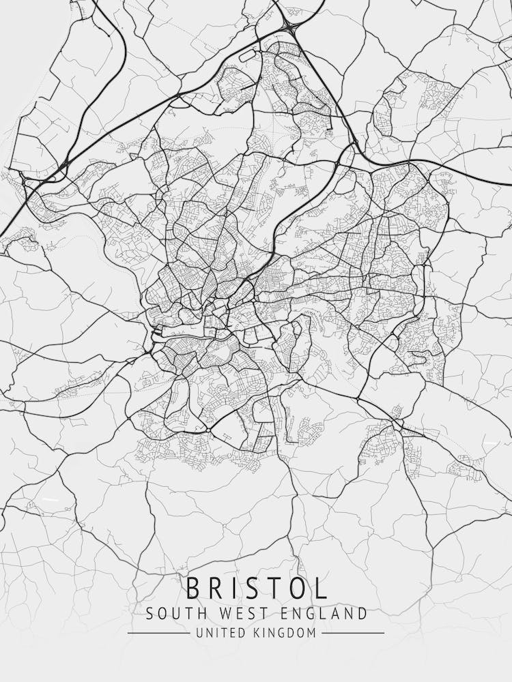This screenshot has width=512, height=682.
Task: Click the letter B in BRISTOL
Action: (x=194, y=588)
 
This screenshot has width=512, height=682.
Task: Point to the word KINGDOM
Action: (x=285, y=633)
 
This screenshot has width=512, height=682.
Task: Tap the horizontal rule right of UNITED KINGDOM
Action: (x=353, y=633)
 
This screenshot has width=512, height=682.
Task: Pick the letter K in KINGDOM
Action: (x=257, y=633)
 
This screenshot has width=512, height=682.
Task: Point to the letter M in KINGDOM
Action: (x=312, y=633)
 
